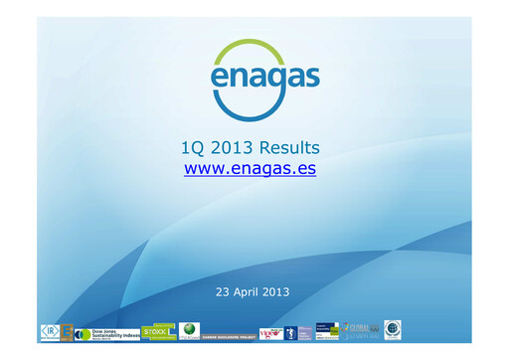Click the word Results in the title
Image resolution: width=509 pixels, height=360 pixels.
[286, 148]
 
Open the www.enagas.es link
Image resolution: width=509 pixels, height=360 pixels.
[251, 169]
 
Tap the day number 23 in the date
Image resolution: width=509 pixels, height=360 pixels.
[223, 291]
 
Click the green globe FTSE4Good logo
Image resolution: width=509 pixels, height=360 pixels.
[189, 331]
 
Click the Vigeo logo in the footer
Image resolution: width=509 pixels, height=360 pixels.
[269, 332]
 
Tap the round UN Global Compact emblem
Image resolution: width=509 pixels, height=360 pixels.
[393, 330]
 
